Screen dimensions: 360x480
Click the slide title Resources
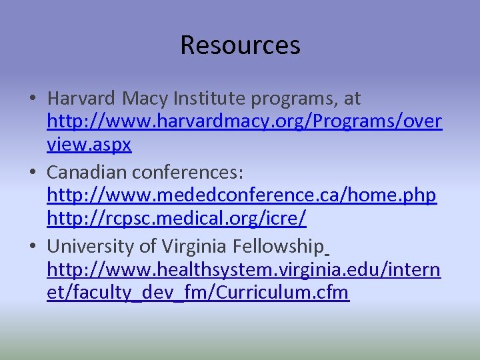pos(240,45)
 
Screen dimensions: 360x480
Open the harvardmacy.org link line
pos(244,123)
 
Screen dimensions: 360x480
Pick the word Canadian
pos(87,172)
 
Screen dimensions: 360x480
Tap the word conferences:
pos(188,172)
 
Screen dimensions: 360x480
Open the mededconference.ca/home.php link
pos(241,197)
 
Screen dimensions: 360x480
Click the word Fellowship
pos(278,246)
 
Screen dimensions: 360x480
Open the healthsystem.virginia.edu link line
pos(243,271)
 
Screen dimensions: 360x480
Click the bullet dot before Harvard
pos(33,99)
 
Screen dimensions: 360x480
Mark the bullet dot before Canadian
pos(33,173)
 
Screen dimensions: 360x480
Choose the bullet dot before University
pos(33,247)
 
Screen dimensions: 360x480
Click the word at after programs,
pos(352,99)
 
